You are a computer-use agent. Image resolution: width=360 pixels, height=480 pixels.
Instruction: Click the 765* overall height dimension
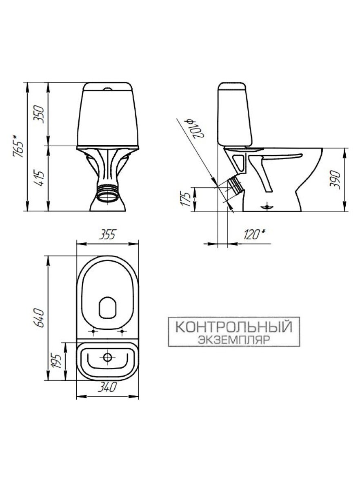(x=18, y=146)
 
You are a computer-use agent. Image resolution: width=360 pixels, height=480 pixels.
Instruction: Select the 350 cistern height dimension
(x=39, y=114)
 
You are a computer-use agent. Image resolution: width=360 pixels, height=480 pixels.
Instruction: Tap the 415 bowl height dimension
(x=39, y=179)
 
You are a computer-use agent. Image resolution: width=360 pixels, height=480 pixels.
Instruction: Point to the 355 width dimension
(x=107, y=235)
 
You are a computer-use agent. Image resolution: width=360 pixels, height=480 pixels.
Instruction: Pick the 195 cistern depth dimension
(x=56, y=361)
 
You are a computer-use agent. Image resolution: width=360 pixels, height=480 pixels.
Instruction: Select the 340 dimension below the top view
(x=107, y=387)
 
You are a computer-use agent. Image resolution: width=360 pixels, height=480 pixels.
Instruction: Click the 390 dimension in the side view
(x=336, y=180)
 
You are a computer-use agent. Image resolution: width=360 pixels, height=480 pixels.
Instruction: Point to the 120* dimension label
(x=254, y=235)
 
